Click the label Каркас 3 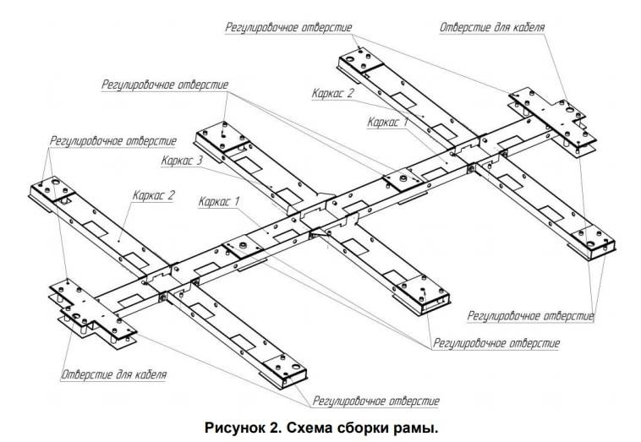coord(182,161)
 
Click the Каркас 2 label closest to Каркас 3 coord(154,195)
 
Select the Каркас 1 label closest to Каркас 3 coord(219,201)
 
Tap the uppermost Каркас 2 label coord(333,93)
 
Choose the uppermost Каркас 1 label coord(387,123)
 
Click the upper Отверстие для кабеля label coord(492,27)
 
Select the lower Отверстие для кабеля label coord(114,374)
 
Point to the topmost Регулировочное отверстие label coord(288,27)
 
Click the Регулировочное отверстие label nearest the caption coord(376,401)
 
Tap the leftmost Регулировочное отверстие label coord(113,141)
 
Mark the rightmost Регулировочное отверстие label coord(530,316)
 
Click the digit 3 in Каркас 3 coord(199,161)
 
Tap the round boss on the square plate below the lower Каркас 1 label coord(243,245)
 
